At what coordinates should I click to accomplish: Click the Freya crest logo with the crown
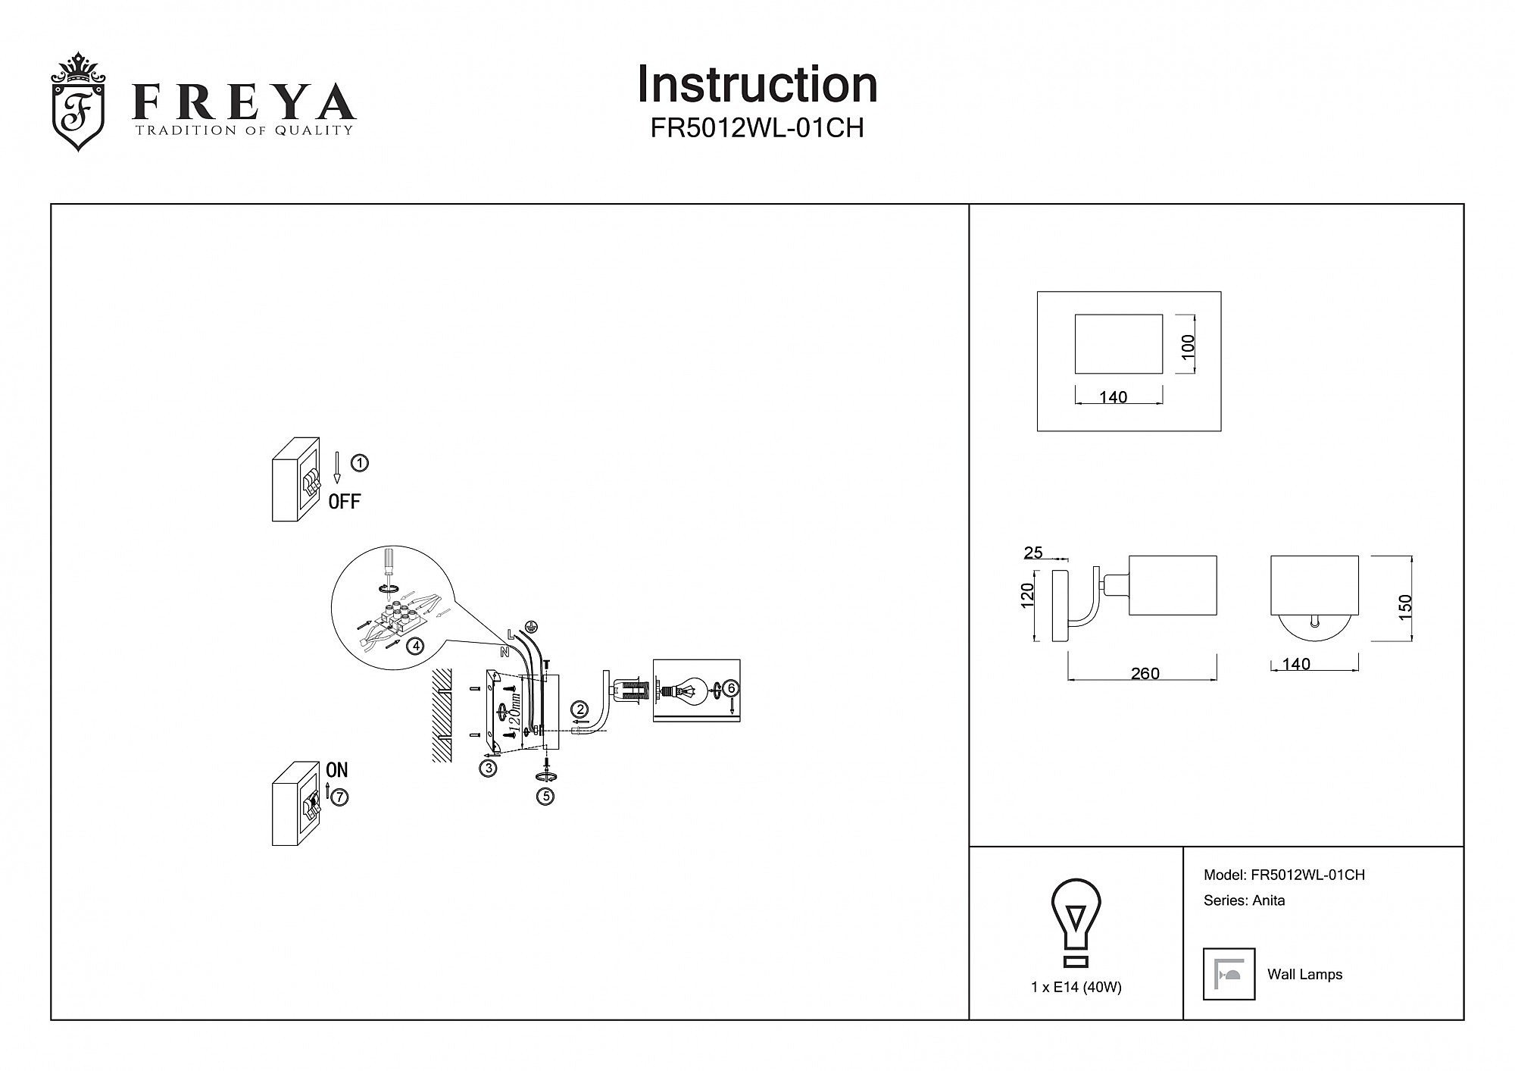pos(78,102)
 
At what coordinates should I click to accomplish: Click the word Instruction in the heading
pos(757,84)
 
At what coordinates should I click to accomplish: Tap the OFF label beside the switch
pos(345,501)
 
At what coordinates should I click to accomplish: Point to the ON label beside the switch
pos(336,769)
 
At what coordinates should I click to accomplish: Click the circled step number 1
pos(361,462)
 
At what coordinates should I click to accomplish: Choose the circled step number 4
pos(414,646)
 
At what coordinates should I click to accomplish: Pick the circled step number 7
pos(339,797)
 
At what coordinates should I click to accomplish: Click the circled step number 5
pos(545,796)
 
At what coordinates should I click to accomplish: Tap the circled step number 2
pos(580,709)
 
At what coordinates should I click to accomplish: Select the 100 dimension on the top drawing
pos(1188,346)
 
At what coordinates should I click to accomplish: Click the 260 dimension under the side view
pos(1145,673)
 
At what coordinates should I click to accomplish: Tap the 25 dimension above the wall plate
pos(1033,553)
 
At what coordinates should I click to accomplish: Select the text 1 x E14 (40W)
pos(1076,987)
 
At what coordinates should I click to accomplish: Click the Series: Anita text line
pos(1244,900)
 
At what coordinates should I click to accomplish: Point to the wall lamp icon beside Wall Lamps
pos(1229,974)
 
